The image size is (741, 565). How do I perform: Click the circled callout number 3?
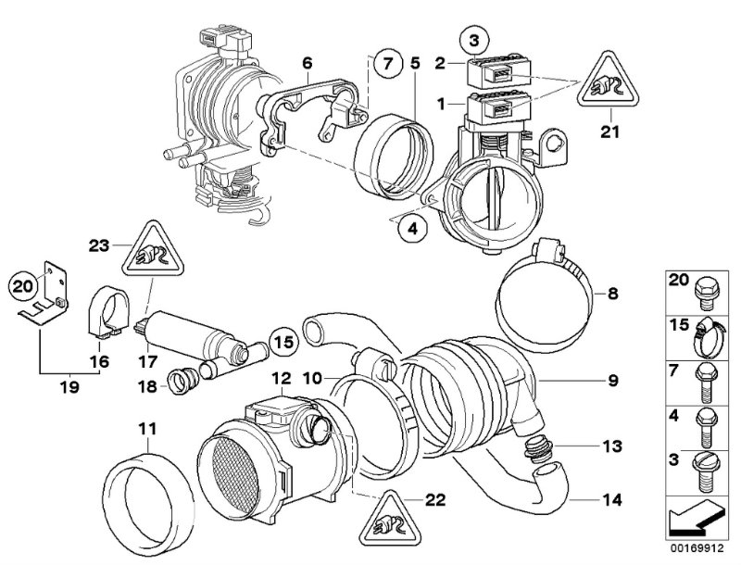click(474, 41)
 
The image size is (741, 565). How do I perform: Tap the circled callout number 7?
click(387, 63)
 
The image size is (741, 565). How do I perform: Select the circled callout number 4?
click(412, 229)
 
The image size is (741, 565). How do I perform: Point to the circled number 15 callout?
click(285, 342)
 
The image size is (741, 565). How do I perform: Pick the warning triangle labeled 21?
click(609, 80)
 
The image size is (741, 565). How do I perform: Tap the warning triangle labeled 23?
click(153, 249)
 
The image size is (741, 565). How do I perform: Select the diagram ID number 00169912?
click(697, 548)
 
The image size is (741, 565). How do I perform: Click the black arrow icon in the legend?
click(695, 519)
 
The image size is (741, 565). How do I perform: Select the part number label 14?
click(612, 499)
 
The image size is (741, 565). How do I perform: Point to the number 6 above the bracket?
click(308, 63)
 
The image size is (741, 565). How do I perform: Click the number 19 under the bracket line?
click(69, 387)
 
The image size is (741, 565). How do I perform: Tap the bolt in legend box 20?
click(707, 293)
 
